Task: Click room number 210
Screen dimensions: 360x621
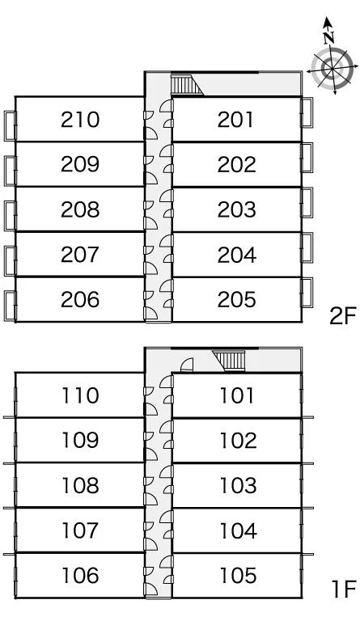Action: coord(80,120)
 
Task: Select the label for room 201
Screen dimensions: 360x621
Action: coord(235,120)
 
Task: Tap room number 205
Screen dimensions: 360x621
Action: coord(236,299)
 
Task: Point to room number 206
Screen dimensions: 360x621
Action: coord(80,299)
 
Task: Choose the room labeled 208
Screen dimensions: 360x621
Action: coord(80,209)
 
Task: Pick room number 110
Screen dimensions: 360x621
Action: coord(80,395)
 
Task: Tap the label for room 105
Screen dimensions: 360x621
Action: coord(238,576)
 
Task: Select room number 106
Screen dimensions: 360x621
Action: coord(80,576)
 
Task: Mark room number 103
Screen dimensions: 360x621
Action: coord(238,485)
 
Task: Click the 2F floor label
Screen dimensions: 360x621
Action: coord(342,315)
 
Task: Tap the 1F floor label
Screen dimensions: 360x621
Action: coord(344,589)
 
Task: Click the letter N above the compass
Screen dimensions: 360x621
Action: coord(328,37)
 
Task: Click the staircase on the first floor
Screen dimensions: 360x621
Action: coord(229,361)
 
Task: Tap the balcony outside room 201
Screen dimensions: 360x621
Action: coord(307,112)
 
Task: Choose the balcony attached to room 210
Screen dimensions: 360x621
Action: coord(10,126)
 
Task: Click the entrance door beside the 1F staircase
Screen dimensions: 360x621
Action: coord(187,365)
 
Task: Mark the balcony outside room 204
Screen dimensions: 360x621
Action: coord(307,247)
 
